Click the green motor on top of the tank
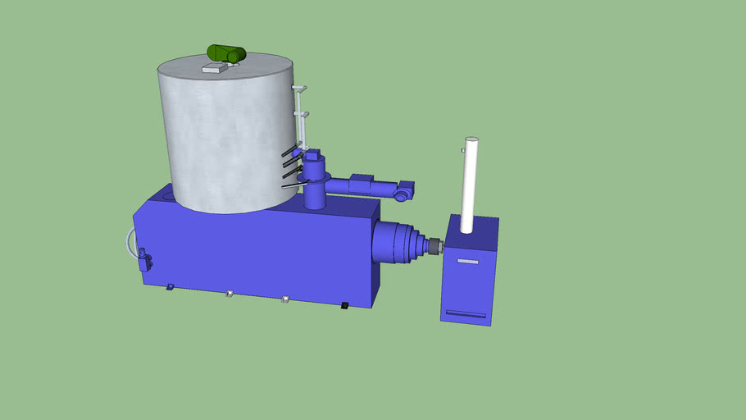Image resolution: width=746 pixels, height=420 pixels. tap(226, 54)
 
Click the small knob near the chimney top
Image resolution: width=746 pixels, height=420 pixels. tap(463, 151)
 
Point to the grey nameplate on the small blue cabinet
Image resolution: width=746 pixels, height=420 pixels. tap(467, 262)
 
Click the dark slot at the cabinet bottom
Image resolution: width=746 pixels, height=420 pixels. tap(465, 313)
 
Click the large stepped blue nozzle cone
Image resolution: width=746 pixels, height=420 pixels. tap(398, 243)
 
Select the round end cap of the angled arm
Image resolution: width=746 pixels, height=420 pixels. tap(402, 196)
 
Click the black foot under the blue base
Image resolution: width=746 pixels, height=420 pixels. tap(345, 306)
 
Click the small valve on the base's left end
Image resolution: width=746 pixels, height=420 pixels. tap(145, 260)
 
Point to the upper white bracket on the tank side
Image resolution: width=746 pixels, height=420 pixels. tap(301, 88)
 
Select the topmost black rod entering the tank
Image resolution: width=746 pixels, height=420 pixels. tap(289, 151)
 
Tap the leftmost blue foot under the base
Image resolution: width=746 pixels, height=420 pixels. tap(170, 286)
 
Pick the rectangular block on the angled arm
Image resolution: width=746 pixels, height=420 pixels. tap(362, 183)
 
